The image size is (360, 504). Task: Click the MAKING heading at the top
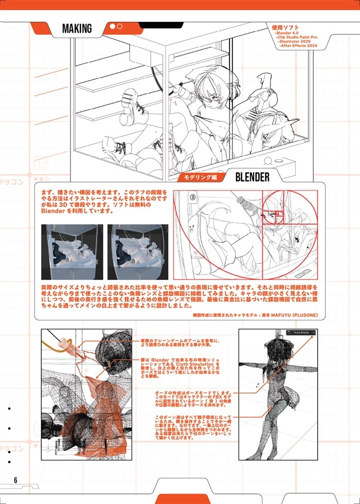click(77, 29)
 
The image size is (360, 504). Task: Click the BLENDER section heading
click(252, 178)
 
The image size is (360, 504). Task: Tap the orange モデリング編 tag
click(200, 178)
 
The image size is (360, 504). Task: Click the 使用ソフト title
click(285, 27)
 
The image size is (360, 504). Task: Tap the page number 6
click(16, 480)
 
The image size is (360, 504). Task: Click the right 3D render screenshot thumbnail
click(138, 252)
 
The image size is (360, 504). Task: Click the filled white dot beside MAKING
click(113, 26)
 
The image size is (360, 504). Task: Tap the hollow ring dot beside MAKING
click(119, 26)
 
